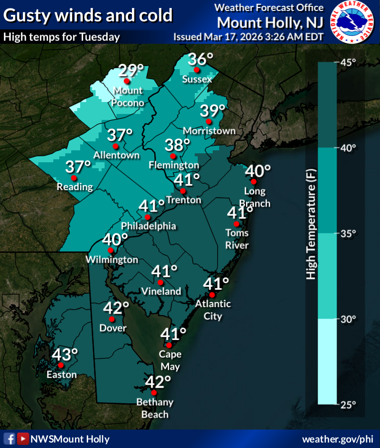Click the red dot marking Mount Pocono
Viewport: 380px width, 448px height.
click(x=127, y=81)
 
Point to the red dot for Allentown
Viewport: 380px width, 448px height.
click(x=116, y=146)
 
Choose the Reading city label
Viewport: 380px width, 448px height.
click(x=75, y=187)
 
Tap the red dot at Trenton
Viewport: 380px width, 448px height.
click(x=183, y=191)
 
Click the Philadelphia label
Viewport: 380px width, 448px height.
click(x=148, y=226)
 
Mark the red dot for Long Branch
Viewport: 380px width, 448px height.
click(x=253, y=182)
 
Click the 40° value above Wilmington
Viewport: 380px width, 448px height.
click(x=115, y=239)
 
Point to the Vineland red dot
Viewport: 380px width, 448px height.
click(x=160, y=282)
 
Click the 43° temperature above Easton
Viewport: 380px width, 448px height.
click(x=65, y=355)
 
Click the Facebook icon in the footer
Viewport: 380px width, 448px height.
click(x=9, y=439)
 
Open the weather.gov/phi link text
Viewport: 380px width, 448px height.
click(x=337, y=439)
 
